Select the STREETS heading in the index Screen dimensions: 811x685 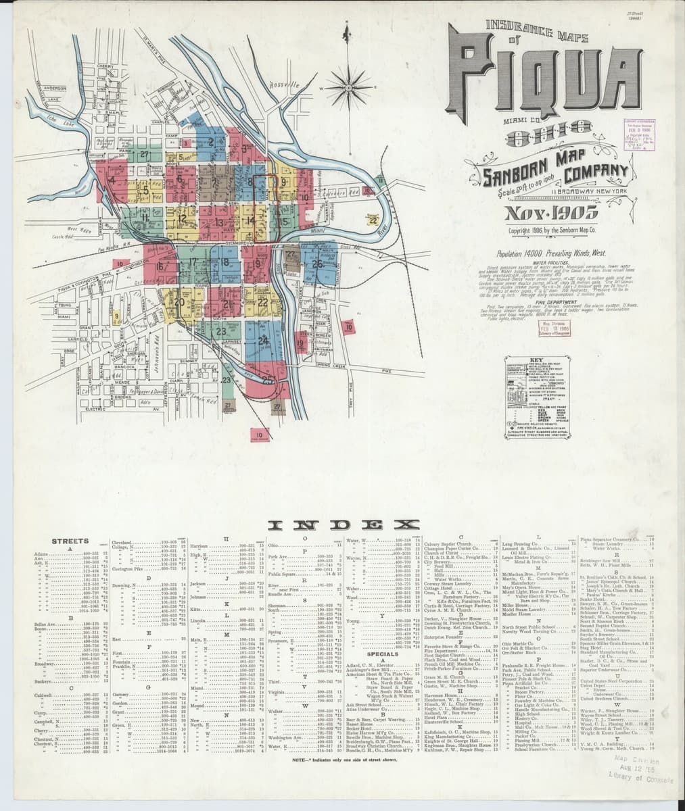(x=70, y=541)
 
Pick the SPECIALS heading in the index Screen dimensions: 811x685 (x=382, y=654)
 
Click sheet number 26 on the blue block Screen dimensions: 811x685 (x=316, y=264)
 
